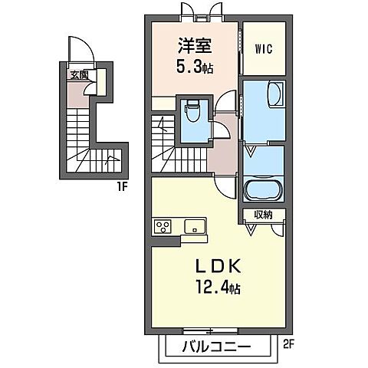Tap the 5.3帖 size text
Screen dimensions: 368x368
[x=193, y=67]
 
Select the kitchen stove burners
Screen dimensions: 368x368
[x=163, y=226]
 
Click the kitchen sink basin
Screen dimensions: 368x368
[x=193, y=226]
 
